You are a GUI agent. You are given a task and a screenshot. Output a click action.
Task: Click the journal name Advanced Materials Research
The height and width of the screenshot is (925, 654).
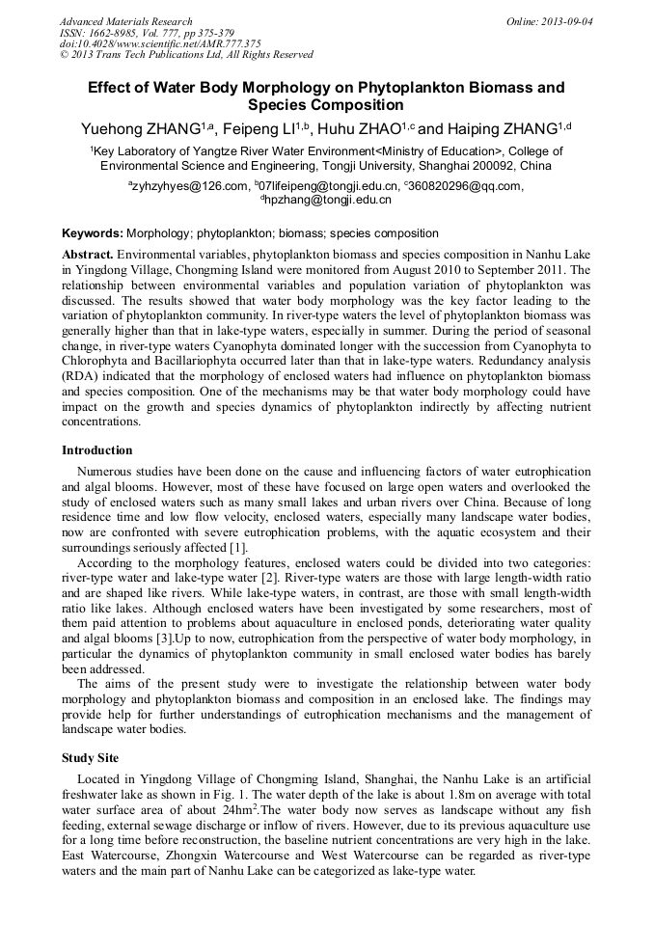(x=125, y=21)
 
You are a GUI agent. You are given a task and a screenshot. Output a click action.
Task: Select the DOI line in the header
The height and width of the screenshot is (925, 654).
(x=160, y=43)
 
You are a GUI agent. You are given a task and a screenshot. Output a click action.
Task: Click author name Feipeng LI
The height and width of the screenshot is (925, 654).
(x=271, y=128)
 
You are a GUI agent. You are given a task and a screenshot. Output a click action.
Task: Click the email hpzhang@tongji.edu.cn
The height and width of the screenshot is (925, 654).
(x=329, y=200)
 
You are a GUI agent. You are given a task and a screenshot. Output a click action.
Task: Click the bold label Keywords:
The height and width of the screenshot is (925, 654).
(x=93, y=233)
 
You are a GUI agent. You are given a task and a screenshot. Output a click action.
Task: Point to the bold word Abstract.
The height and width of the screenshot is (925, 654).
(x=88, y=251)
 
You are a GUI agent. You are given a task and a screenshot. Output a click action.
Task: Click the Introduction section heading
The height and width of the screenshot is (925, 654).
(x=97, y=450)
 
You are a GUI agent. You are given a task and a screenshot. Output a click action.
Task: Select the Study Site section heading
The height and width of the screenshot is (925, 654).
(x=94, y=758)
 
